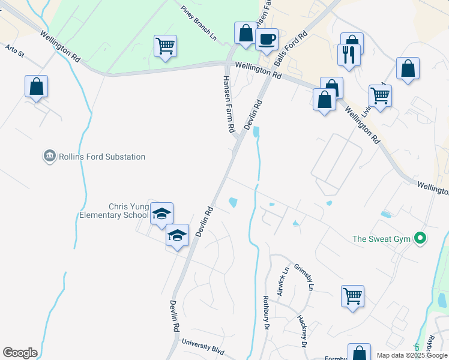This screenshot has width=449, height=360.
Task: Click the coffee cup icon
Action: tap(267, 40)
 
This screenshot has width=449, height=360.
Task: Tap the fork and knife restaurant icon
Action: tap(349, 56)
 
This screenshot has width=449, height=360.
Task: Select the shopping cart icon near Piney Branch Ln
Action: tap(165, 46)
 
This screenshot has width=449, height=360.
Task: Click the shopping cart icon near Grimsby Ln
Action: tap(352, 296)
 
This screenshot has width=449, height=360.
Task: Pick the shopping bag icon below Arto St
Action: tap(36, 86)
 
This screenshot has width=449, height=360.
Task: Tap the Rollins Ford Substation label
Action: tap(101, 157)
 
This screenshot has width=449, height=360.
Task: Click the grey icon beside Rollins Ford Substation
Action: tap(49, 157)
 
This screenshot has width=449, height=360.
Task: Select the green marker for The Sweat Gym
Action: tap(420, 239)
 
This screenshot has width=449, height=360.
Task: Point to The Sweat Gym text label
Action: tap(381, 239)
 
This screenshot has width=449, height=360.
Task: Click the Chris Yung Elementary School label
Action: tap(113, 211)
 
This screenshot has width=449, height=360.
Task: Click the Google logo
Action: tap(20, 353)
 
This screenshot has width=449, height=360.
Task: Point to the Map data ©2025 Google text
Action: tap(411, 355)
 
